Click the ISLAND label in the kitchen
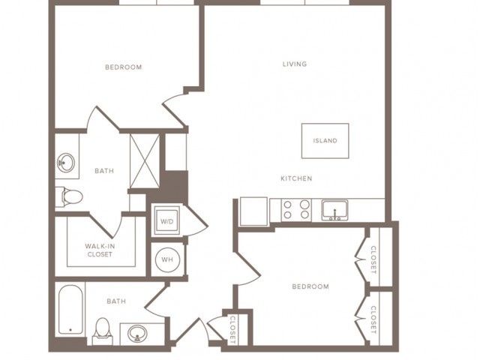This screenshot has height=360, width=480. (x=325, y=141)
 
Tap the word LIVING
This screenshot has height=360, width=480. (x=295, y=64)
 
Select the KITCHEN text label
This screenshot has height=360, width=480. (x=296, y=178)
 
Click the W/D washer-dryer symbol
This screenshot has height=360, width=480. (x=166, y=220)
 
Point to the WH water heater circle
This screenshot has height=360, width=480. (x=167, y=260)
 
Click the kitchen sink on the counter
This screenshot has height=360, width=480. (x=335, y=211)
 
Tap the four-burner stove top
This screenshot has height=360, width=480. (x=296, y=210)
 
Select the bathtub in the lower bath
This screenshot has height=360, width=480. (x=70, y=310)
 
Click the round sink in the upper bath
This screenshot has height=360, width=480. (x=65, y=163)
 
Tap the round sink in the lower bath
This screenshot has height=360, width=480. (x=137, y=333)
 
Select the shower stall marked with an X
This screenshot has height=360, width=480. (x=145, y=160)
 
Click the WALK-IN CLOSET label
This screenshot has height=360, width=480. (x=100, y=250)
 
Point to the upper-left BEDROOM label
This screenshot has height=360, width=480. (x=123, y=67)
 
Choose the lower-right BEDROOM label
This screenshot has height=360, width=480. (x=310, y=286)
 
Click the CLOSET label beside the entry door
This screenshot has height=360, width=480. (x=232, y=329)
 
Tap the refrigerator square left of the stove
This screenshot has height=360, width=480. (x=253, y=211)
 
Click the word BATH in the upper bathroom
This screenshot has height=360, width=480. (x=104, y=171)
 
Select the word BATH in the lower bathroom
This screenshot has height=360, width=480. (x=116, y=301)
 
